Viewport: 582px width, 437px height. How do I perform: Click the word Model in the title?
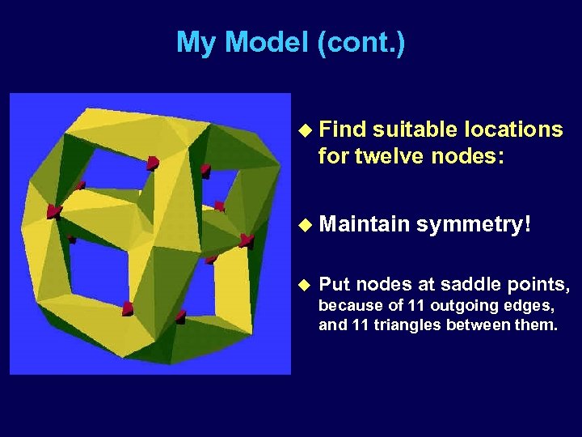[x=266, y=42]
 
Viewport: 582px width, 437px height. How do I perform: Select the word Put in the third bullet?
[x=335, y=284]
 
